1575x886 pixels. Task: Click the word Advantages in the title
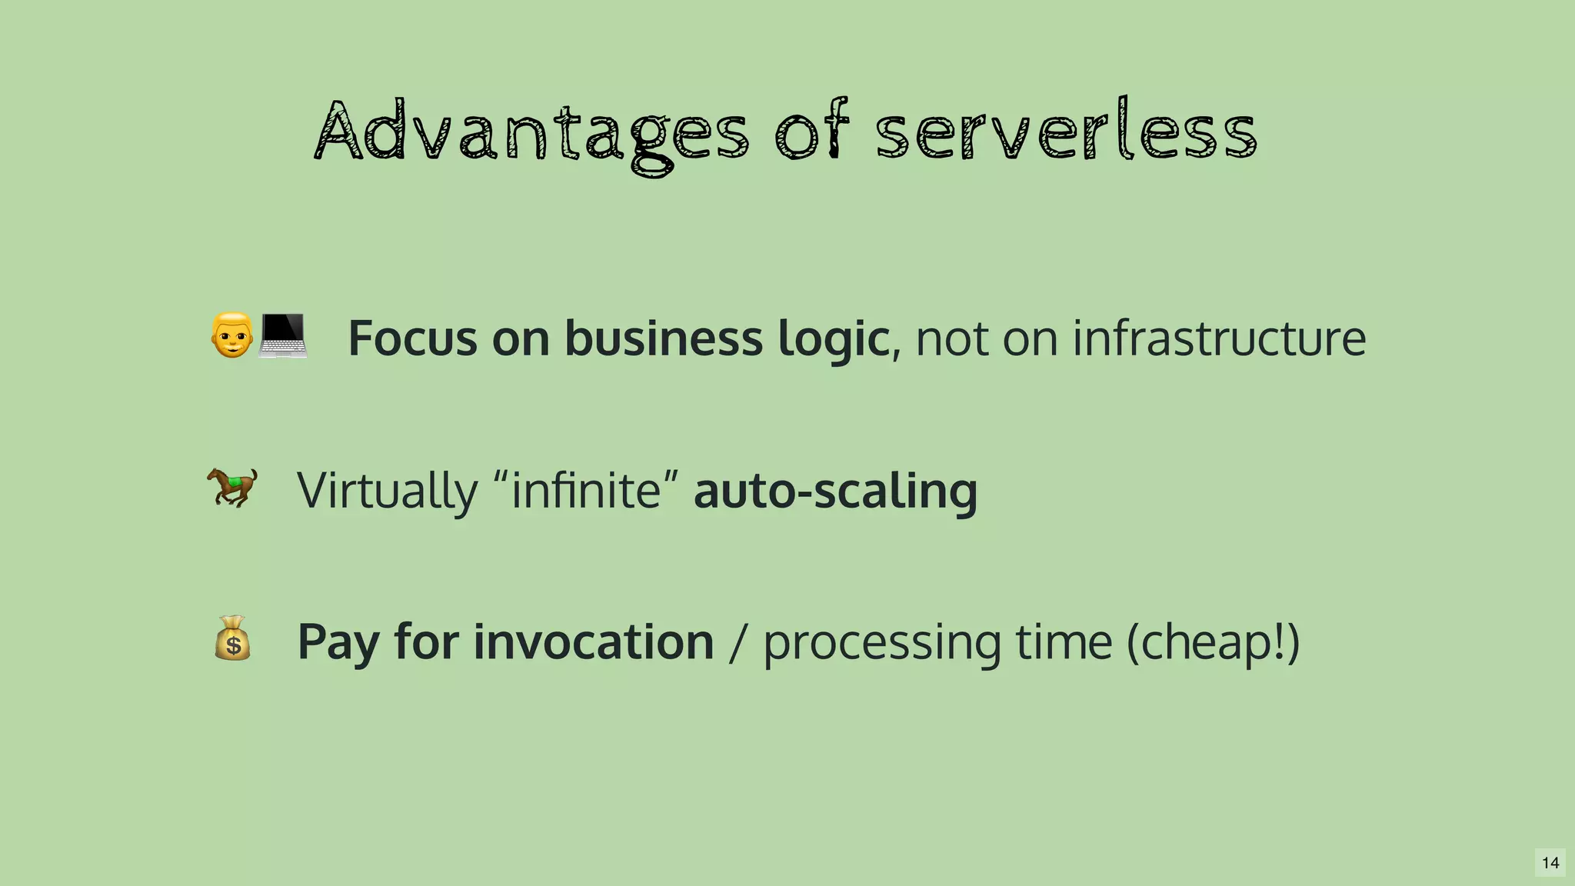tap(531, 132)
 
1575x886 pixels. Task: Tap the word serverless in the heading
tap(1066, 132)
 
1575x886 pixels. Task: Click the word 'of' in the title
tap(811, 132)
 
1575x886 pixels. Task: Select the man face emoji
tap(231, 335)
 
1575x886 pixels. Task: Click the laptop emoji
tap(282, 336)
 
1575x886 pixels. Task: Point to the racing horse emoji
tap(231, 487)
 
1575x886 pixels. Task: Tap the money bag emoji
tap(232, 638)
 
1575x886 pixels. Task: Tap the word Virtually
tap(387, 490)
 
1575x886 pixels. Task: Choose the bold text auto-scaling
tap(835, 491)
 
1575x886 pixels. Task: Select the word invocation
tap(593, 641)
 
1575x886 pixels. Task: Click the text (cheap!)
tap(1213, 642)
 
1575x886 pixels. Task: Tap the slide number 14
tap(1550, 863)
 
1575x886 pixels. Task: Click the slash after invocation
tap(737, 642)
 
